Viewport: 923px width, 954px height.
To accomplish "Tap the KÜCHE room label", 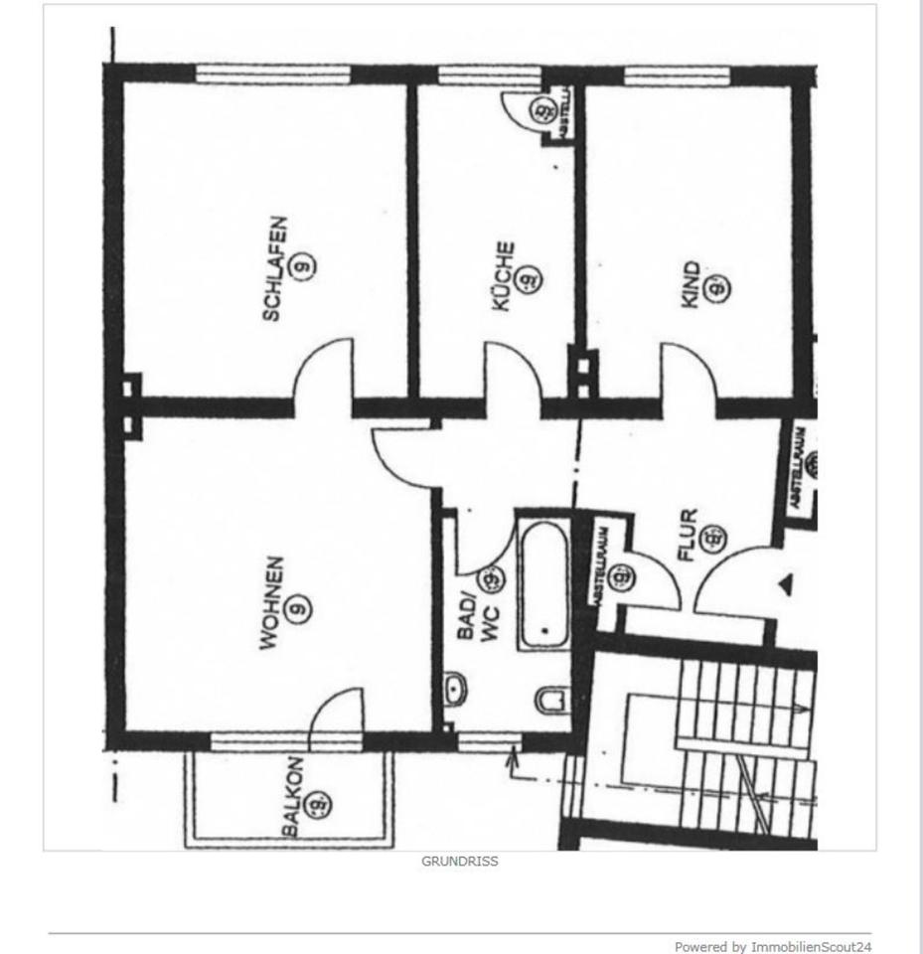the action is pyautogui.click(x=504, y=275).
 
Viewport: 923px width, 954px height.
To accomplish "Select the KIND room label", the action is pyautogui.click(x=692, y=284).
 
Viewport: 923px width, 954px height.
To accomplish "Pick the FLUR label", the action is pyautogui.click(x=688, y=536).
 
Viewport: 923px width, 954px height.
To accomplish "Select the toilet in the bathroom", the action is pyautogui.click(x=551, y=700).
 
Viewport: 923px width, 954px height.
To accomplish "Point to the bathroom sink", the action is pyautogui.click(x=456, y=689).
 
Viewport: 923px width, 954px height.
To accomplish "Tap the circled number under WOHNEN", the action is pyautogui.click(x=295, y=607).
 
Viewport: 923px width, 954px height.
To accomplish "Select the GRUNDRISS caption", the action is pyautogui.click(x=460, y=862).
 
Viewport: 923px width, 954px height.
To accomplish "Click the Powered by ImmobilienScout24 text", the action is pyautogui.click(x=773, y=946).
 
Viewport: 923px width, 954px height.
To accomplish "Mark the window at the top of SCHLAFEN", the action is pyautogui.click(x=273, y=74).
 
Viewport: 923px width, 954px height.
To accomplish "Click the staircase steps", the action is pyautogui.click(x=745, y=745).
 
